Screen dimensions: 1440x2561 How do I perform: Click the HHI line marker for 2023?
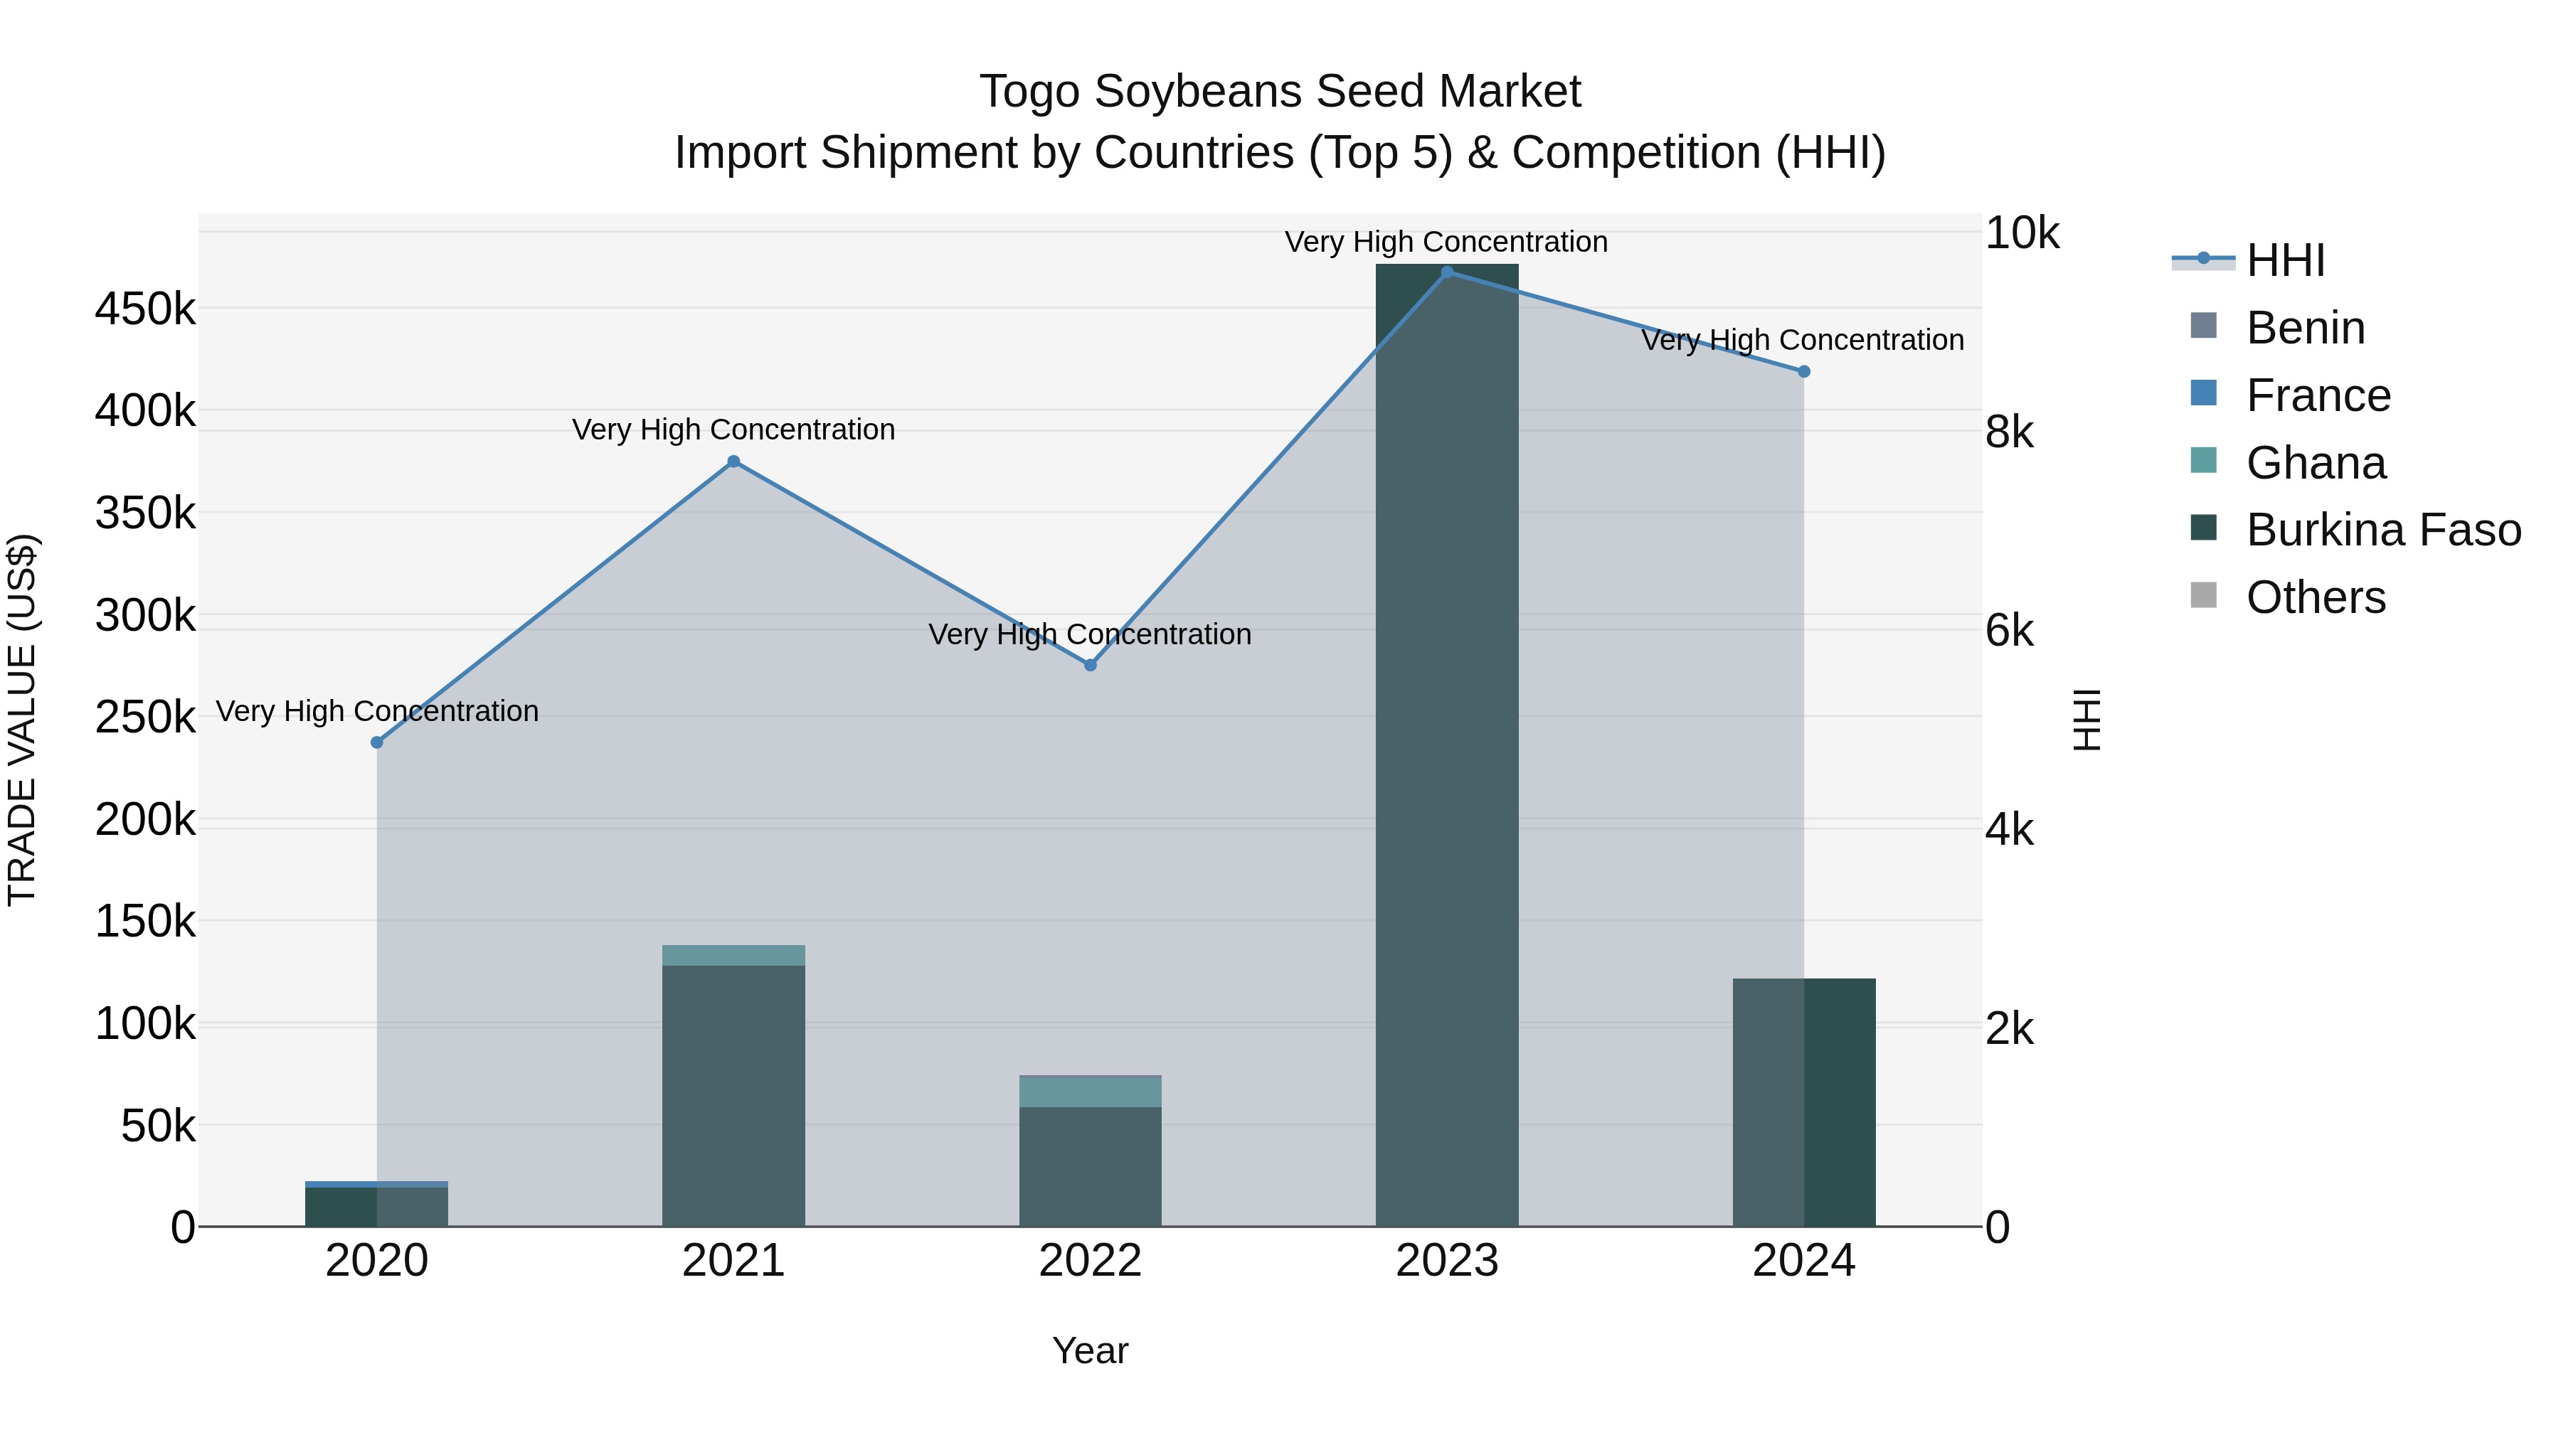click(1446, 272)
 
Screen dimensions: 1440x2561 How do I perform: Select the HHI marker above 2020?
click(377, 742)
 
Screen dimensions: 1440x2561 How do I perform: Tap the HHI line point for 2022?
click(1090, 665)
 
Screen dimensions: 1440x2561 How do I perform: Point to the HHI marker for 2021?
click(733, 461)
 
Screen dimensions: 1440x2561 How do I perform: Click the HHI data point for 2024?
click(1803, 372)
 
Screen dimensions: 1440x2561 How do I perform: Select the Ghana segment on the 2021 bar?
click(733, 955)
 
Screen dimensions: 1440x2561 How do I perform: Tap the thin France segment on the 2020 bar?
click(377, 1183)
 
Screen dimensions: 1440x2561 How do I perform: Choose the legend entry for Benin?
click(2304, 328)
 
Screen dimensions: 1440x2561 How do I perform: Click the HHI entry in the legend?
click(2284, 260)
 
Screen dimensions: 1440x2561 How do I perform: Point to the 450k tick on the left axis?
click(145, 309)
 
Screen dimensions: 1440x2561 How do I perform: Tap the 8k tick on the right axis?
click(2009, 432)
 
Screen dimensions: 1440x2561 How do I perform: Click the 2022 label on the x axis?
click(1090, 1261)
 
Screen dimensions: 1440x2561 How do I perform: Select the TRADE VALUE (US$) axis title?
click(22, 720)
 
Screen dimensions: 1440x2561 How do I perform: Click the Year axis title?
click(1090, 1350)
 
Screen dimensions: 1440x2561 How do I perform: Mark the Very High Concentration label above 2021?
click(733, 430)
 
